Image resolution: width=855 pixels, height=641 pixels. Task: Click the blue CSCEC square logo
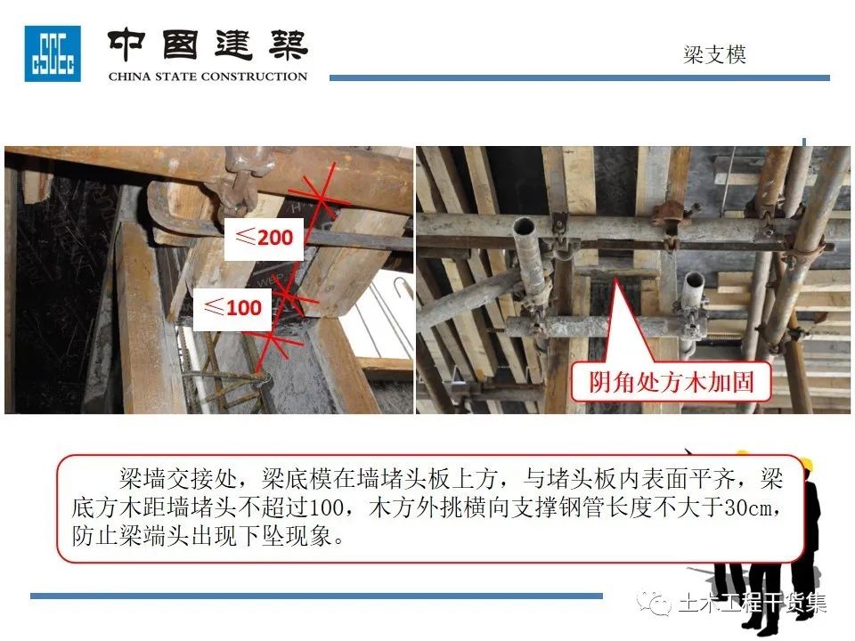[53, 53]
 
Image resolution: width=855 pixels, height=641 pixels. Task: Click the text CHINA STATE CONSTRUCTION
[208, 77]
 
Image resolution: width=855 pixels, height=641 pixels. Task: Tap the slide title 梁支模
[714, 54]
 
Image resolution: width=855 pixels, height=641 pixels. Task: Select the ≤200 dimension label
[265, 239]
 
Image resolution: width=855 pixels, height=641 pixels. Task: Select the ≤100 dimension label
[232, 309]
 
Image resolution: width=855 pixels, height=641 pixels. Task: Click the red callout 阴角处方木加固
[672, 382]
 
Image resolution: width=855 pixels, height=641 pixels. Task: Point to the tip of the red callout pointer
[616, 279]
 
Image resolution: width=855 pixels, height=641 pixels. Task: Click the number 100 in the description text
[326, 507]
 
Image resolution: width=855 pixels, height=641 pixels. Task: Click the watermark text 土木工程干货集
[753, 603]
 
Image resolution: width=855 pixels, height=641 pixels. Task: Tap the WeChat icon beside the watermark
[653, 603]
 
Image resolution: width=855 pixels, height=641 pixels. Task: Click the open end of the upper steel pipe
[524, 225]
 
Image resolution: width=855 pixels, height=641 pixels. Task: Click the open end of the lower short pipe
[694, 280]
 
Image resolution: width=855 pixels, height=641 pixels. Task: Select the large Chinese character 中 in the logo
[126, 45]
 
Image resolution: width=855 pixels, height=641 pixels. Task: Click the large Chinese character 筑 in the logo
[289, 45]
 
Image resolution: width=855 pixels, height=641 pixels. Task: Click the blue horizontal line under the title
[580, 78]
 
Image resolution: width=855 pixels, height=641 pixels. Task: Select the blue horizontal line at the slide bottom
[316, 596]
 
